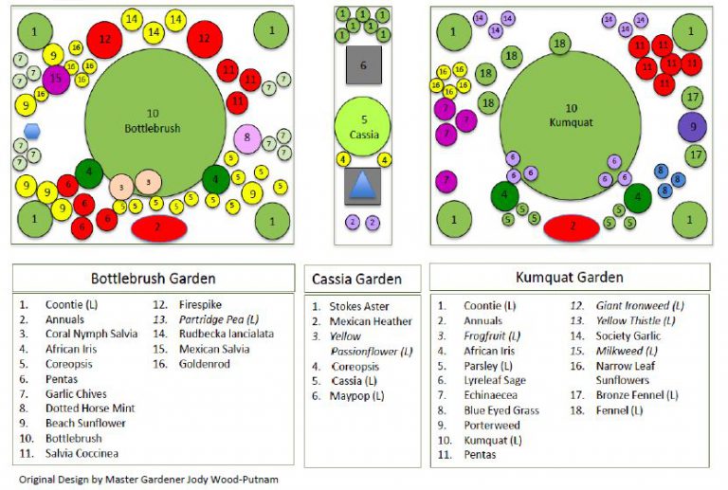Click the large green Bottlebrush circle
click(152, 118)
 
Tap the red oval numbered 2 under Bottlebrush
click(158, 227)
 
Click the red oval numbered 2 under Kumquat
click(571, 227)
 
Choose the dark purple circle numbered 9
click(692, 126)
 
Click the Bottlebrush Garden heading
click(153, 279)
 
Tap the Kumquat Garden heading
click(569, 278)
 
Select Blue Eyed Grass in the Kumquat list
click(501, 410)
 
